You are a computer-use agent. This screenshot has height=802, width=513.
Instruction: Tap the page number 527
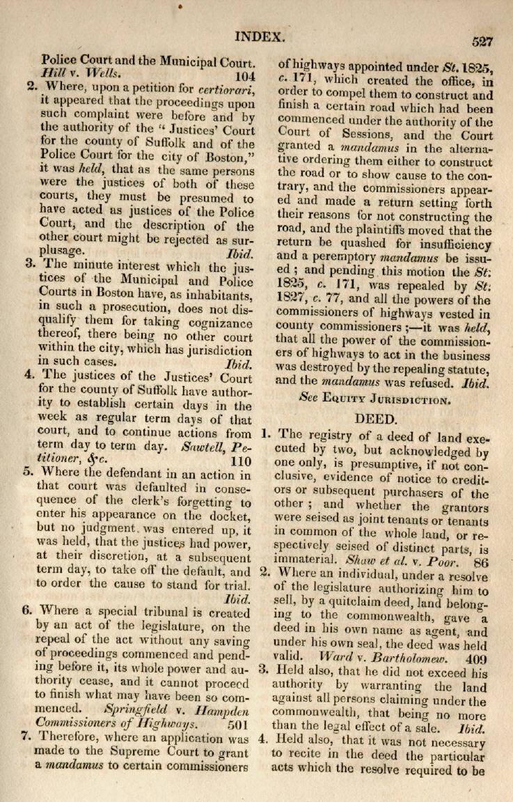(x=482, y=42)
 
